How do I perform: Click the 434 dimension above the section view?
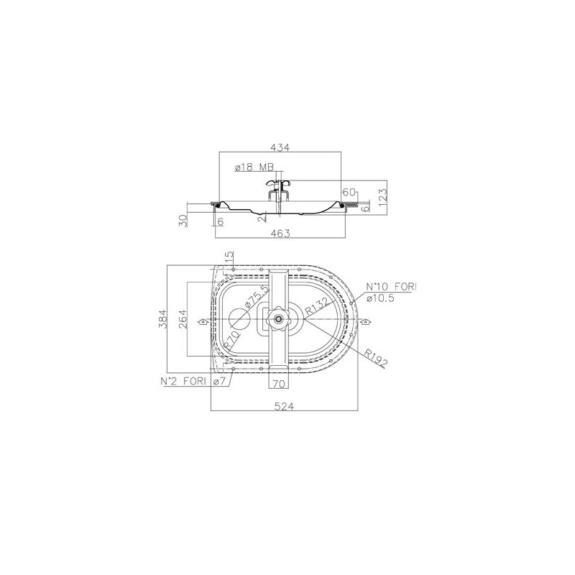[280, 147]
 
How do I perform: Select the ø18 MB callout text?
[254, 167]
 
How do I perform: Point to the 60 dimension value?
[349, 192]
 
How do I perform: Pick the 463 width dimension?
[280, 233]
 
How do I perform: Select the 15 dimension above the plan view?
[229, 257]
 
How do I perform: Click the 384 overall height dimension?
[163, 319]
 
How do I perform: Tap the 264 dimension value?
[183, 319]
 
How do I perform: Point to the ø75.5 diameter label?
[257, 296]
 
